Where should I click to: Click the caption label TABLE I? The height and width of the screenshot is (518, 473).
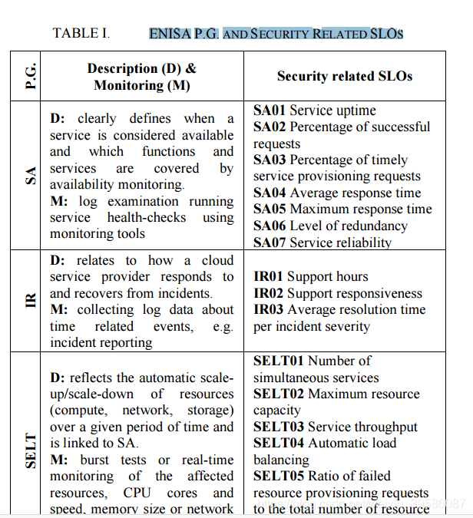81,33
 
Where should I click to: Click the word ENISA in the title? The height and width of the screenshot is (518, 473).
170,34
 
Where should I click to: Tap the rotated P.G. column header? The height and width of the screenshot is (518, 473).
31,77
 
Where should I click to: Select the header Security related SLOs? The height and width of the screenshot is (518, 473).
345,76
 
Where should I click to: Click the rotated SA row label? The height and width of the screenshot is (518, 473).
31,176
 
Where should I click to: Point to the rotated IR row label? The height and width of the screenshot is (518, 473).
31,301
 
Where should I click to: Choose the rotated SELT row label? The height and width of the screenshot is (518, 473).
31,451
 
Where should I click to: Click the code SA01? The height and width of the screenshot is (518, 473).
270,111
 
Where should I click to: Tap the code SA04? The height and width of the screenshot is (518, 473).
270,193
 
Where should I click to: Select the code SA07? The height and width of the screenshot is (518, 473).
270,243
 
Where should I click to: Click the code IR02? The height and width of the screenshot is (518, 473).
268,293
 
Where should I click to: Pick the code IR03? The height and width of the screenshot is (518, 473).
268,309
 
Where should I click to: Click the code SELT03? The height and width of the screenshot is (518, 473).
278,427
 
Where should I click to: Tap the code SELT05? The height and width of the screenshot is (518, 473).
278,476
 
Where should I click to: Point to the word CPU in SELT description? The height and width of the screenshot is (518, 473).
137,493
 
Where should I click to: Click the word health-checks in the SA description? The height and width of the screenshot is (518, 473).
147,218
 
